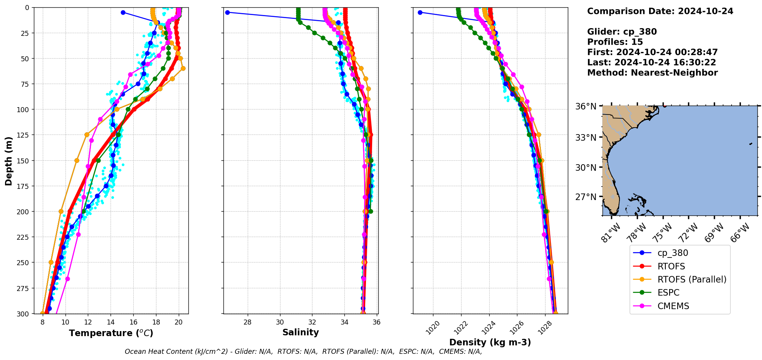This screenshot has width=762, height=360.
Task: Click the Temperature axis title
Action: tap(111, 333)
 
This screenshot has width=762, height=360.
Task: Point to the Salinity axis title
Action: tap(300, 332)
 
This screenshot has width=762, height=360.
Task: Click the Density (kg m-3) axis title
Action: tap(490, 342)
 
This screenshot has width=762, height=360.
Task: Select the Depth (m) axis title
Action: tap(8, 161)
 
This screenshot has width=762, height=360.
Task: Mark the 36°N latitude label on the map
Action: tap(586, 106)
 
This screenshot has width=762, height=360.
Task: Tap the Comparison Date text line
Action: tap(660, 11)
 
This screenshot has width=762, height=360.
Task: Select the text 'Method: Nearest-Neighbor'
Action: tap(652, 73)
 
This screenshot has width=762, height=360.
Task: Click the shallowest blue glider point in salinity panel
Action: tap(227, 12)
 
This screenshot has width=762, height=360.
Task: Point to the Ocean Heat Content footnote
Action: tap(303, 352)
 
